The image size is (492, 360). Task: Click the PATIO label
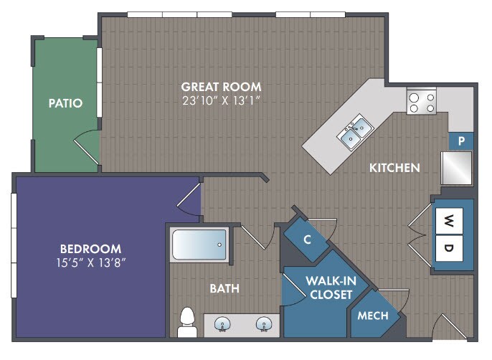click(x=65, y=103)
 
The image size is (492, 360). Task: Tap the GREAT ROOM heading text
click(x=221, y=87)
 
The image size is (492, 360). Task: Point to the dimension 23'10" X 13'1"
click(x=221, y=100)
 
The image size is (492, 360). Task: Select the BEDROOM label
click(x=90, y=249)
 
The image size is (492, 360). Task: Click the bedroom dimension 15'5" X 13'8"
click(x=91, y=262)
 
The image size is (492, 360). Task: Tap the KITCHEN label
click(x=394, y=168)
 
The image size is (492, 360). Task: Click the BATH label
click(x=224, y=288)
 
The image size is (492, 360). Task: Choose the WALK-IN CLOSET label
click(x=331, y=288)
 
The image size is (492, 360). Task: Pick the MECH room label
click(x=373, y=316)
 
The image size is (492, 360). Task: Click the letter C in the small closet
click(x=307, y=240)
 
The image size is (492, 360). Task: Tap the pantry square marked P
click(x=461, y=141)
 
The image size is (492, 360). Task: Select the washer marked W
click(x=449, y=221)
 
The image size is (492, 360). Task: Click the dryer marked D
click(x=449, y=248)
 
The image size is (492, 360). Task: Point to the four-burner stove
click(x=422, y=100)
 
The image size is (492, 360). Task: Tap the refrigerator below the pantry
click(x=457, y=169)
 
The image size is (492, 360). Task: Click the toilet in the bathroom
click(x=187, y=322)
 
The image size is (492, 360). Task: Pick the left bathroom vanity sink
click(x=222, y=324)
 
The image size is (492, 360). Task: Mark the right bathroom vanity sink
click(x=264, y=324)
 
